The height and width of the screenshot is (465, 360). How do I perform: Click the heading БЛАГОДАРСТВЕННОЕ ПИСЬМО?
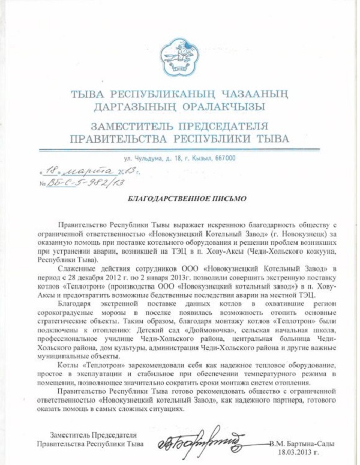click(x=180, y=197)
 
